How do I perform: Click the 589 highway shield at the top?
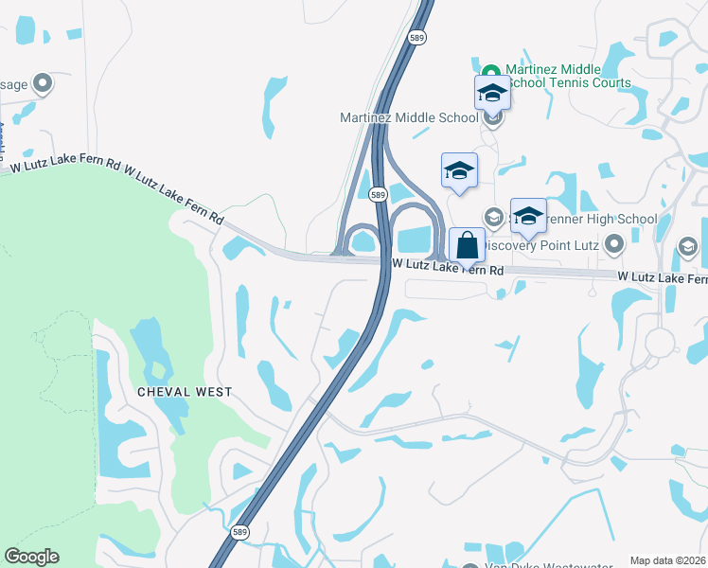click(417, 37)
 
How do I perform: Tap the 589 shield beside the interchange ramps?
click(378, 194)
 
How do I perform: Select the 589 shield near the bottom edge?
click(241, 532)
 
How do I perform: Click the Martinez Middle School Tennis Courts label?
click(568, 76)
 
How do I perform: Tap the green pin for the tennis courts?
click(491, 72)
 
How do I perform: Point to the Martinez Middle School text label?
click(409, 117)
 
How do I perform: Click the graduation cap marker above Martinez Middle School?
click(492, 93)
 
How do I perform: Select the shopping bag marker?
click(467, 245)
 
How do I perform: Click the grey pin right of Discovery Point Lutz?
click(614, 246)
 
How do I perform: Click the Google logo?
click(31, 557)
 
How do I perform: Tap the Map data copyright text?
click(668, 560)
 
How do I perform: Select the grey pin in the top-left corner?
click(42, 84)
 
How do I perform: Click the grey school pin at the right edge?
click(688, 248)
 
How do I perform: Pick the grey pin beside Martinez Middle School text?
click(492, 118)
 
